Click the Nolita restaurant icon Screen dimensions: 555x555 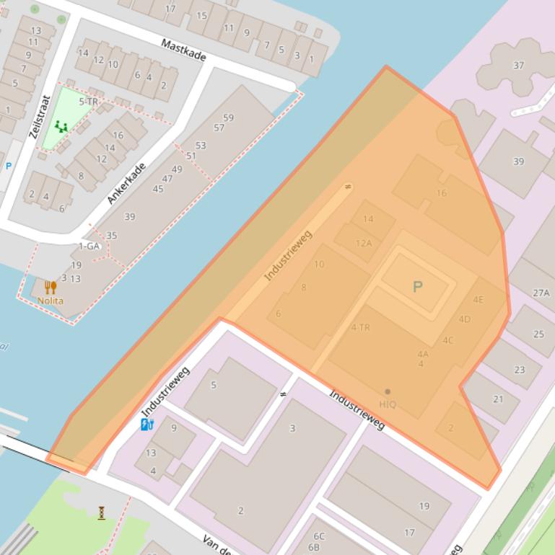(x=50, y=288)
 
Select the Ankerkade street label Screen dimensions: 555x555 (x=126, y=183)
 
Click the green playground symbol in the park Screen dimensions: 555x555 (x=61, y=127)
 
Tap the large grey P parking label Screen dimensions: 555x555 (x=417, y=287)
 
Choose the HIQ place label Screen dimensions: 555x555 (x=388, y=404)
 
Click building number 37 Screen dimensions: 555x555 (x=518, y=66)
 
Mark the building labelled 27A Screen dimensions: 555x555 (x=541, y=293)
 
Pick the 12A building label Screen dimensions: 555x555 (x=364, y=243)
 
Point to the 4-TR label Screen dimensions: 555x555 (x=360, y=327)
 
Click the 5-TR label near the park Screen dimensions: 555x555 (x=88, y=102)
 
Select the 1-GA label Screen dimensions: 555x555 (x=89, y=246)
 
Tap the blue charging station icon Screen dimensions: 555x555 (x=147, y=424)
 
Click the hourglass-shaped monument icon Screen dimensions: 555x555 (x=102, y=512)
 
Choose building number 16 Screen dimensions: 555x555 (x=441, y=193)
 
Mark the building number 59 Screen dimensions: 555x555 (x=229, y=117)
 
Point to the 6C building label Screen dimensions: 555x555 (x=318, y=536)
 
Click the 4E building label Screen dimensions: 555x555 (x=478, y=299)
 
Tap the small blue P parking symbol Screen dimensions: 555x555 (x=9, y=166)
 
